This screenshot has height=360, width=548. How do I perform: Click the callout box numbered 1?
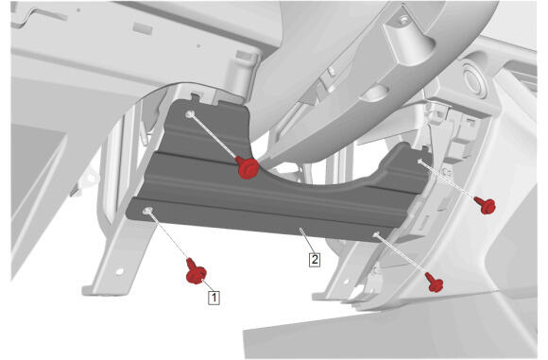point(214,298)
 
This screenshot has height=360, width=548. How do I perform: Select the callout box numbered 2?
point(315,259)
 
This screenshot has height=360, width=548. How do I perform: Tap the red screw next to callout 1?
point(196,271)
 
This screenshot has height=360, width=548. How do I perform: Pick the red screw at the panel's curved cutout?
point(248,168)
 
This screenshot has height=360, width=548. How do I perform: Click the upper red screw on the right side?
point(485,205)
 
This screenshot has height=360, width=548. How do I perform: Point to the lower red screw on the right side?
point(435,283)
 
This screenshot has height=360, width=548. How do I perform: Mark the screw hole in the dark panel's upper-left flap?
point(190,114)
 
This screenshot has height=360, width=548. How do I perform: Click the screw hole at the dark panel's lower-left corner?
point(147,211)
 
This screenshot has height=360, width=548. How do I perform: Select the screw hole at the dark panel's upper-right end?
point(420,162)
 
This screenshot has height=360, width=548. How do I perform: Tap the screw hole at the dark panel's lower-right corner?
point(376,234)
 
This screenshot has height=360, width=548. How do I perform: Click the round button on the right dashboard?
point(474,80)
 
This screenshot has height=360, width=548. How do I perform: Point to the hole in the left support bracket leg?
point(119,271)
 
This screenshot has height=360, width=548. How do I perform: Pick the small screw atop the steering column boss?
point(404,19)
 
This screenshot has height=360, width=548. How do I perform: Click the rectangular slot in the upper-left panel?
point(143,28)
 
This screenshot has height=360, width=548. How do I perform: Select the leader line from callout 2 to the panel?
point(307,240)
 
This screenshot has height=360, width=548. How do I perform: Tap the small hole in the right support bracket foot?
point(346,281)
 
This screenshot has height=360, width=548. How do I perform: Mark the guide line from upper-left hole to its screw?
point(214,137)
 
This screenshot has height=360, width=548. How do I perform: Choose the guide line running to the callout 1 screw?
point(168,235)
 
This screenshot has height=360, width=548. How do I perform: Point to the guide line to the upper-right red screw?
point(448,180)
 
